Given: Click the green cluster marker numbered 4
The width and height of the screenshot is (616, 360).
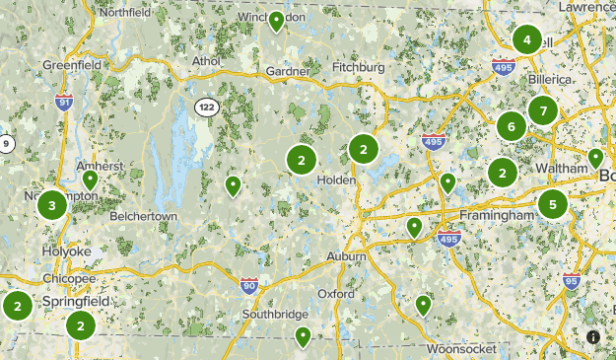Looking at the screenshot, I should click(527, 40).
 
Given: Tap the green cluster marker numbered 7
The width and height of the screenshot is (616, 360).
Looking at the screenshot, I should click(543, 110).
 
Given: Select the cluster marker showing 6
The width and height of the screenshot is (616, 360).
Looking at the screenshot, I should click(511, 125).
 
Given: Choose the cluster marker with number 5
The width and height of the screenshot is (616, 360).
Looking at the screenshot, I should click(553, 205).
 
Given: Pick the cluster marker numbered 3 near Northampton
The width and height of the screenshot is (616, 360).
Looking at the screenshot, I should click(52, 205).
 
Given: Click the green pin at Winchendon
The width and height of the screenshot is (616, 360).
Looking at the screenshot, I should click(277, 21).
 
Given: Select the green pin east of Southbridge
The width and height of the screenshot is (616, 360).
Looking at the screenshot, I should click(304, 336).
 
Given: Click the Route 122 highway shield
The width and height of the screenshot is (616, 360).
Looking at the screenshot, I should click(206, 107).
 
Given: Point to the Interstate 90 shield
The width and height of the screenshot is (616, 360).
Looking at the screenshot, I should click(249, 287).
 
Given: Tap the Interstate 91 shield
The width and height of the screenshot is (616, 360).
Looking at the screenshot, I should click(64, 102).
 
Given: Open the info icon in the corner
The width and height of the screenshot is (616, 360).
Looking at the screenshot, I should click(593, 337).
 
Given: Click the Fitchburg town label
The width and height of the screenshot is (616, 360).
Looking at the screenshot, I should click(358, 67).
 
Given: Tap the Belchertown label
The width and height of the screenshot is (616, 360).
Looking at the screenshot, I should click(143, 214).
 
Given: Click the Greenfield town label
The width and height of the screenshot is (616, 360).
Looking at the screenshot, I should click(72, 65).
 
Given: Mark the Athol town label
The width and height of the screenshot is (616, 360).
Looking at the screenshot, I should click(206, 60).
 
